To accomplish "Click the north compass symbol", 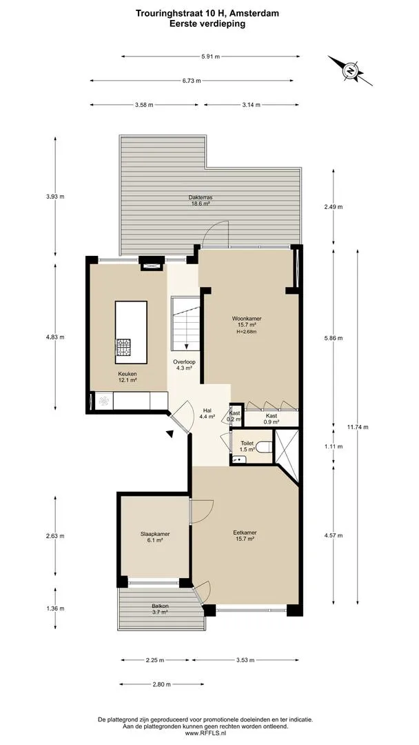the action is (350, 71).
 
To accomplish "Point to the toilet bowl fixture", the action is (266, 446).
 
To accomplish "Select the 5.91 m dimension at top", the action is (210, 57).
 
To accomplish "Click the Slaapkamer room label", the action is (154, 537).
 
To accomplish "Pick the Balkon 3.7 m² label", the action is (160, 609).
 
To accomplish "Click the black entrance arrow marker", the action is (170, 433).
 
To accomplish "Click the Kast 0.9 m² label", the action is (272, 418).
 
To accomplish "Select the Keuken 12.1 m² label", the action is (127, 377).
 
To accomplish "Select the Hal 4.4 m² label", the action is (207, 413).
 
